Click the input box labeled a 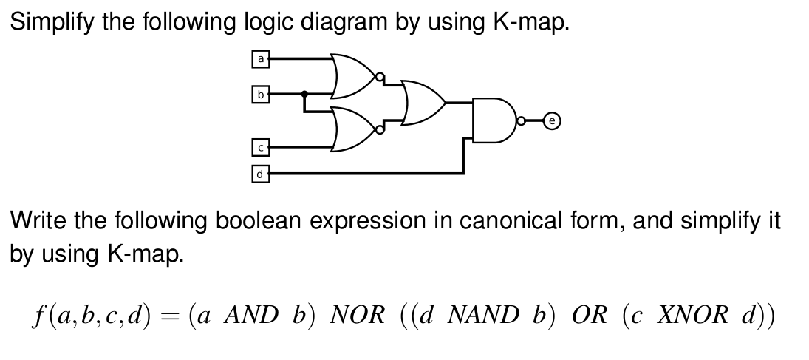click(x=259, y=57)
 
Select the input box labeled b click(x=259, y=95)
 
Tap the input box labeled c click(x=259, y=147)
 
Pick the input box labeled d click(x=259, y=174)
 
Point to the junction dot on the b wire click(x=305, y=94)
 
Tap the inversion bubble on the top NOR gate click(x=379, y=75)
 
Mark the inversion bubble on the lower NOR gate click(x=380, y=129)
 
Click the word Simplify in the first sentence click(x=52, y=22)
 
